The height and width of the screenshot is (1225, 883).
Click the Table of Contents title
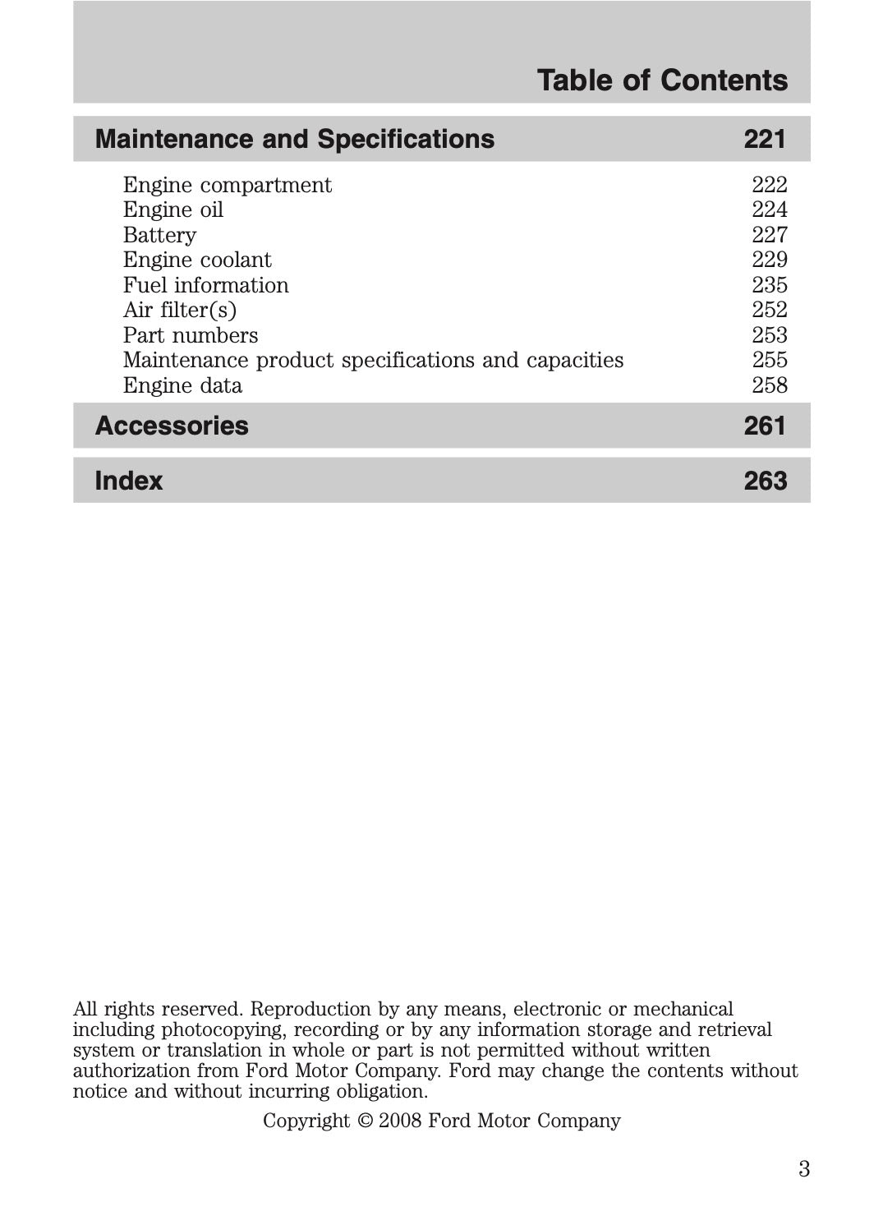point(662,81)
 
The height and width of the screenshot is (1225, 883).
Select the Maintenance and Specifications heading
point(295,139)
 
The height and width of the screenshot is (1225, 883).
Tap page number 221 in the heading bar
point(765,139)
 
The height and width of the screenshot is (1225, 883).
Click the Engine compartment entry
point(228,185)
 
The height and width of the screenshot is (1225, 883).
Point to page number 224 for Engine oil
point(769,210)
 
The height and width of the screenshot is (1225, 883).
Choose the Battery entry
point(159,236)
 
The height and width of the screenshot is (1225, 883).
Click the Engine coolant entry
point(197,260)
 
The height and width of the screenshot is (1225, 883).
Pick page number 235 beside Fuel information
point(769,285)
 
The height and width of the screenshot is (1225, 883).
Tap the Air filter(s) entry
point(180,311)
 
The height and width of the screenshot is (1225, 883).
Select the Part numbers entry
point(191,335)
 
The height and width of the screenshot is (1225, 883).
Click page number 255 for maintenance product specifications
point(769,361)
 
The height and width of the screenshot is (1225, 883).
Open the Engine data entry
point(182,385)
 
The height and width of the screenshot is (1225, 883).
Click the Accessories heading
point(172,426)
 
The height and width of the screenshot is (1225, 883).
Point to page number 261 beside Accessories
point(765,426)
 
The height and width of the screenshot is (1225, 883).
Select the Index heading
point(129,481)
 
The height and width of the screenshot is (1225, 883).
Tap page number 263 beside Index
point(765,481)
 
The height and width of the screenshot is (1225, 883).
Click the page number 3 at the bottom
point(803,1169)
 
